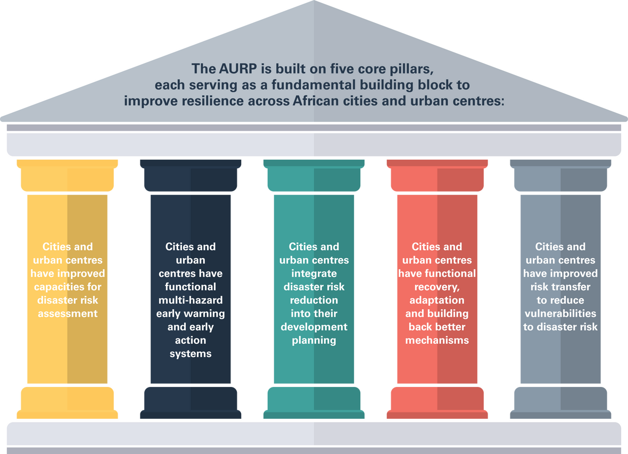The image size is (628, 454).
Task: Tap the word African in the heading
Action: click(x=318, y=101)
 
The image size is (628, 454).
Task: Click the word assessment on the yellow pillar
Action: click(x=68, y=313)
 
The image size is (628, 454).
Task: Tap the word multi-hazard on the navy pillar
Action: click(x=191, y=300)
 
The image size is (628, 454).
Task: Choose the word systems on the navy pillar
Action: click(x=191, y=353)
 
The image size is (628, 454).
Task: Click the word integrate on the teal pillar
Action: click(x=314, y=274)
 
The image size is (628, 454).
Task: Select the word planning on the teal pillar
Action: click(x=314, y=340)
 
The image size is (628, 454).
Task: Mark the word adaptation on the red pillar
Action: click(x=437, y=300)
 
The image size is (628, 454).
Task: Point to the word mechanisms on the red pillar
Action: click(x=437, y=340)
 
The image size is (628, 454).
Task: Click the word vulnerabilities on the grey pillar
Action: click(x=560, y=313)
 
